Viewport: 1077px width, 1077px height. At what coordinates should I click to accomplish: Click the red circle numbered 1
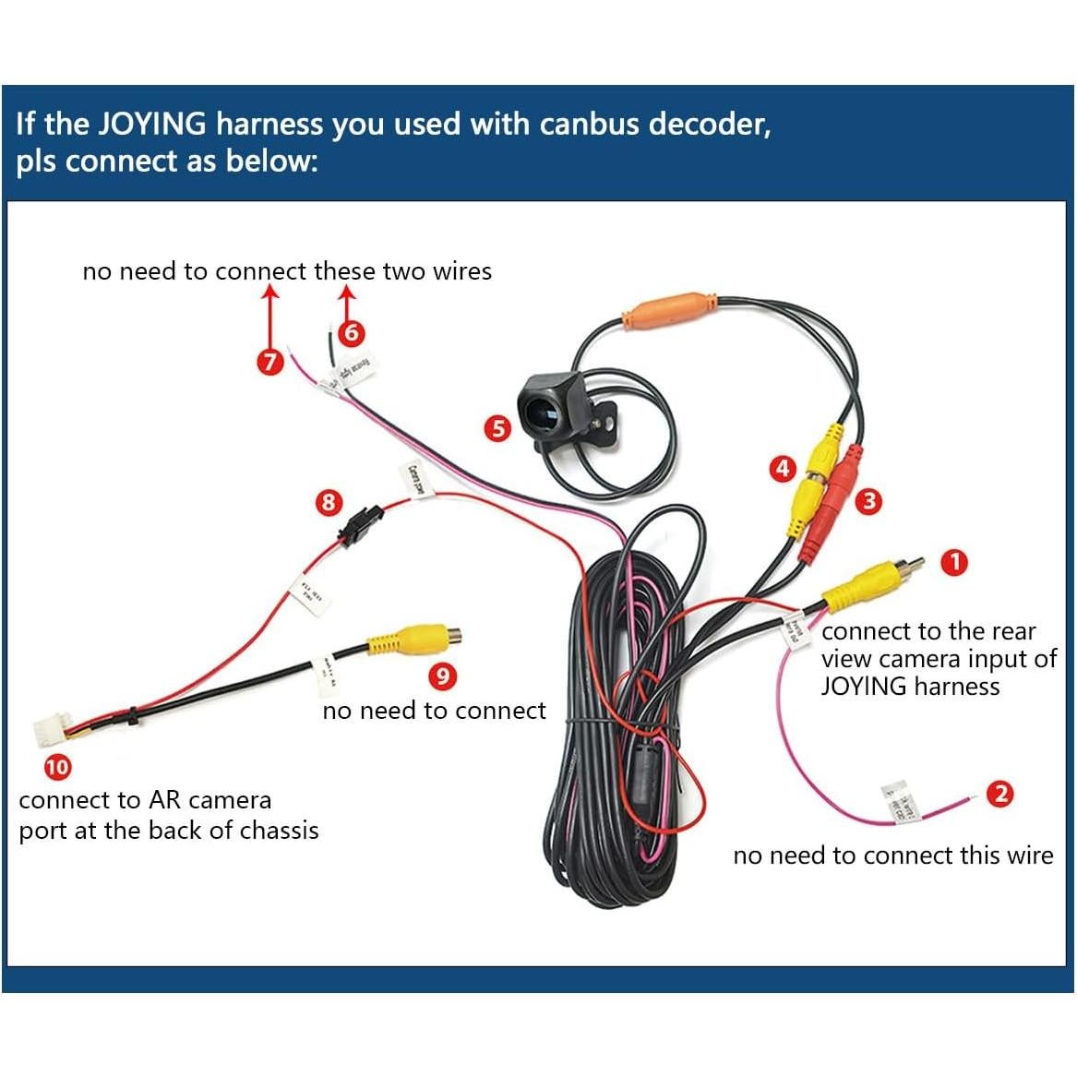(954, 562)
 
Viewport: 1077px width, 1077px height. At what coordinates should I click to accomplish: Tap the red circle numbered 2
(999, 794)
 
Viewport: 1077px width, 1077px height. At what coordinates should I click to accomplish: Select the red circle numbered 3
(868, 501)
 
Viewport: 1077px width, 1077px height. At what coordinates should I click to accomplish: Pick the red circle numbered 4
(783, 469)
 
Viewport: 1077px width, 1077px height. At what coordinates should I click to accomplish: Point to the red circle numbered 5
(498, 428)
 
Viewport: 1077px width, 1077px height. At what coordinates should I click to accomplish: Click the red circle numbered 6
(351, 332)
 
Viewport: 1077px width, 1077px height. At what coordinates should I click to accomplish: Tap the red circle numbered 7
(269, 361)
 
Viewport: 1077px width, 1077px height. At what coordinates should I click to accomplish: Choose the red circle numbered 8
(329, 503)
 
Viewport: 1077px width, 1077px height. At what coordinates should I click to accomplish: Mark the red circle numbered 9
(443, 676)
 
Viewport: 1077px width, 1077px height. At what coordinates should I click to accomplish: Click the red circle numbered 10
(57, 767)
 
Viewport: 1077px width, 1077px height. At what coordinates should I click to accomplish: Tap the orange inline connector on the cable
(669, 309)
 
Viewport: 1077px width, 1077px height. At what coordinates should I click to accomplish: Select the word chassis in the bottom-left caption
(279, 831)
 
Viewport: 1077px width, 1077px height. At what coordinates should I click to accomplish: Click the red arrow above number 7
(269, 314)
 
